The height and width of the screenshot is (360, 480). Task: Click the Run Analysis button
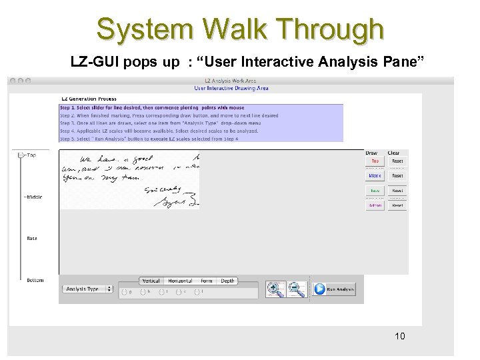tap(335, 289)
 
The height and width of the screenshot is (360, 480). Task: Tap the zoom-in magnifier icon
tap(275, 288)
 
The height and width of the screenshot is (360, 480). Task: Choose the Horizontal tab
tap(180, 281)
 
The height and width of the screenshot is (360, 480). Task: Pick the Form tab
tap(207, 281)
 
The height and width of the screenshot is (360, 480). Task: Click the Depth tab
tap(228, 281)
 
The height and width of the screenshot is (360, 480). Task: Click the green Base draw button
tap(375, 191)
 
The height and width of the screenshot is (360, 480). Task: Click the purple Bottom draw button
tap(375, 205)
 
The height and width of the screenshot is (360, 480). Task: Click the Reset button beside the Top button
tap(397, 161)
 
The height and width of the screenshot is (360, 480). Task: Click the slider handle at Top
tap(21, 155)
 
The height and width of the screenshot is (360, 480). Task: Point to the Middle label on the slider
tap(33, 197)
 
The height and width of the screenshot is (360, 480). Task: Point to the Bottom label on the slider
tap(35, 280)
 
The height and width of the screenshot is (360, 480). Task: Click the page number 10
tap(399, 335)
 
